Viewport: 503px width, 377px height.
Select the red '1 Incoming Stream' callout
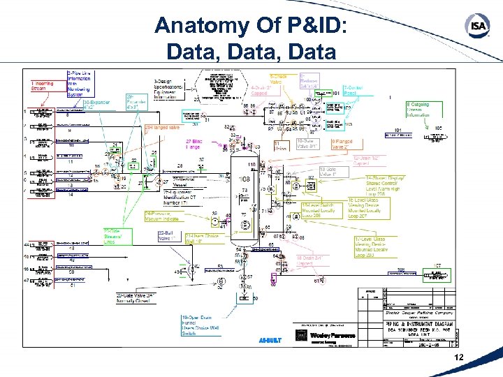click(45, 86)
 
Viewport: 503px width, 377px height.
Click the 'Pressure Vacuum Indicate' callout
click(161, 216)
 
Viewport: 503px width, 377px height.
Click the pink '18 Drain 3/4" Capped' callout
click(312, 260)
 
